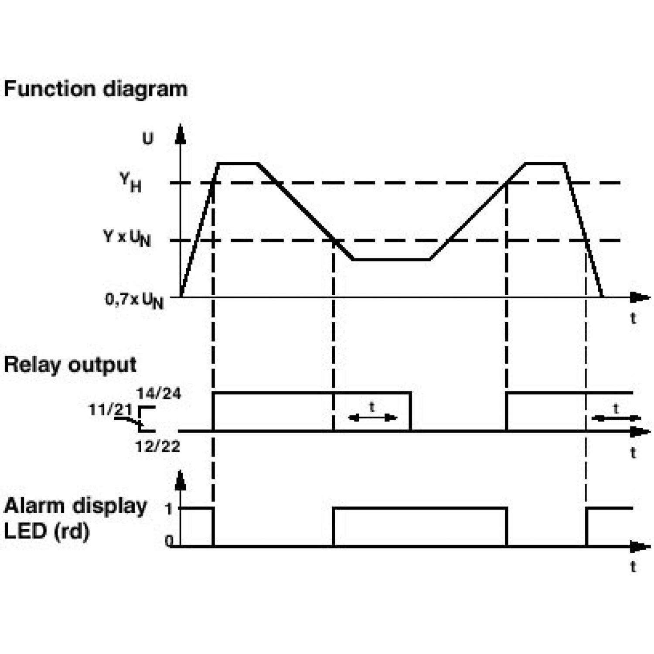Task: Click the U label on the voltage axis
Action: [148, 139]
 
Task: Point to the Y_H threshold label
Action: [131, 182]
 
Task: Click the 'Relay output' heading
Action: [70, 365]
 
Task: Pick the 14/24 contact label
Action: [158, 394]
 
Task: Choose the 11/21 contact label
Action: [110, 410]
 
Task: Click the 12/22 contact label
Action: [157, 447]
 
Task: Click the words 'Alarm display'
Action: [75, 507]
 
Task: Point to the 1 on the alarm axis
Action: [169, 508]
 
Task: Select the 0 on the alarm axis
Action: [169, 541]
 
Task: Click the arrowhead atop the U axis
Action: [180, 134]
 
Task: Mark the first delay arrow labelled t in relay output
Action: [373, 418]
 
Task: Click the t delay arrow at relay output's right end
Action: [617, 418]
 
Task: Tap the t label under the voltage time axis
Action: [633, 318]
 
